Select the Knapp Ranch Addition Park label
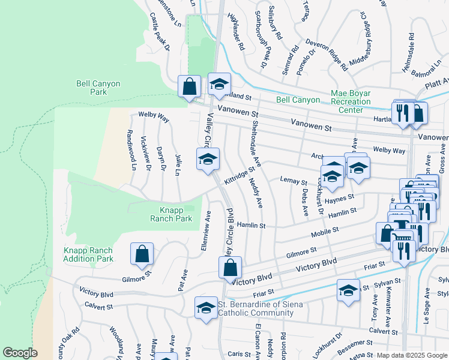(88, 254)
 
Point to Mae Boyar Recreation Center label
(351, 101)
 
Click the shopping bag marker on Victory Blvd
(230, 267)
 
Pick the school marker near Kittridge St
(208, 160)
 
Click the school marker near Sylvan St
(348, 291)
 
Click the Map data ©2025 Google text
(411, 355)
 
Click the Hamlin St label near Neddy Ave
(251, 225)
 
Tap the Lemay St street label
(294, 181)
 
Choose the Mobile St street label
(324, 231)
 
